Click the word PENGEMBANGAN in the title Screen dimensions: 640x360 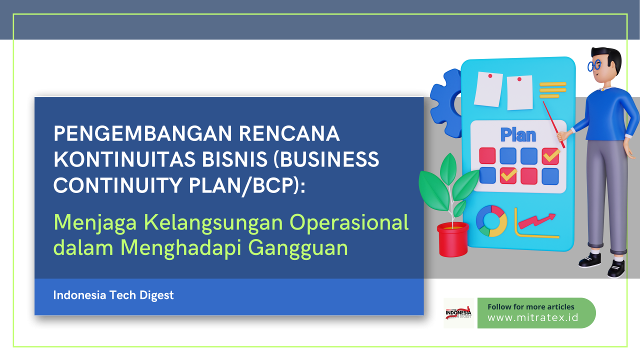[143, 133]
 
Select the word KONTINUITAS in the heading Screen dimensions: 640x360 [125, 159]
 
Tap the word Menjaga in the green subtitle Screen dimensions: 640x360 [95, 223]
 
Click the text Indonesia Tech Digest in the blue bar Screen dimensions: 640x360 [113, 295]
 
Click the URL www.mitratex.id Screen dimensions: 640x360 [533, 317]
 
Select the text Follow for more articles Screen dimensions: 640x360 [531, 307]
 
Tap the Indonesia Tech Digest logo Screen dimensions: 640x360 [458, 313]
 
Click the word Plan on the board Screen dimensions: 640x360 [518, 135]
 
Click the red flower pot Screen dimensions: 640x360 [453, 239]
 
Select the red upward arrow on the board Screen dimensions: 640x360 [536, 220]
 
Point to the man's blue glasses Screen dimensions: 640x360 [594, 66]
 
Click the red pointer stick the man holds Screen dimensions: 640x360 [553, 124]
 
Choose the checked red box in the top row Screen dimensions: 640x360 [550, 156]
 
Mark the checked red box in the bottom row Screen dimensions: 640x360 [508, 175]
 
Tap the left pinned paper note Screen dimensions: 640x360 [488, 89]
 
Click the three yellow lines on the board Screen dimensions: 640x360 [552, 90]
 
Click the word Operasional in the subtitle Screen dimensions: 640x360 [349, 222]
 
